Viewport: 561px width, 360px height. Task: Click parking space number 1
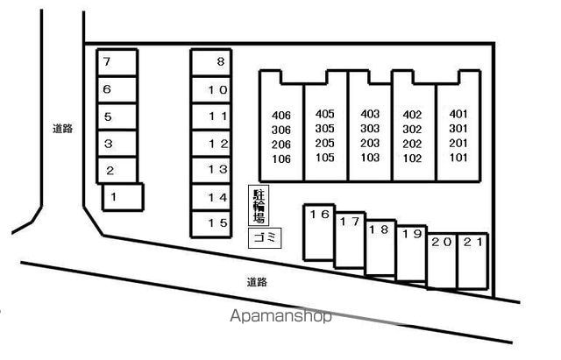tap(122, 197)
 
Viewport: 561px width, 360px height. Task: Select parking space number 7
tap(117, 62)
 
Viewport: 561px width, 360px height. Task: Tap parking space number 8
tap(210, 62)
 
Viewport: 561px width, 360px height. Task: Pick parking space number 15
tap(210, 223)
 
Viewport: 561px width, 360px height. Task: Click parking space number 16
tap(319, 233)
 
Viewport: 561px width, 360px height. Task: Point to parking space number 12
tap(210, 144)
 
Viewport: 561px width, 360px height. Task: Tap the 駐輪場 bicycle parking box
tap(259, 207)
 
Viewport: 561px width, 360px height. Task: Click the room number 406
tap(281, 115)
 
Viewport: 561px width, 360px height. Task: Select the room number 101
tap(458, 159)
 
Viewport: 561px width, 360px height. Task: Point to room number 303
tap(370, 129)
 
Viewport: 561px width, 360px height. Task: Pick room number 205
tap(325, 144)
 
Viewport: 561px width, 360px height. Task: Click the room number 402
tap(412, 115)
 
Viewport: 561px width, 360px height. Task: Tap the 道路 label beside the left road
tap(62, 128)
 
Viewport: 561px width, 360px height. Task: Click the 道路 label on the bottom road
tap(256, 282)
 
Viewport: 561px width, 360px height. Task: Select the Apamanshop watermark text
tap(281, 317)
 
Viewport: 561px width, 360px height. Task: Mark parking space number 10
tap(210, 89)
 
